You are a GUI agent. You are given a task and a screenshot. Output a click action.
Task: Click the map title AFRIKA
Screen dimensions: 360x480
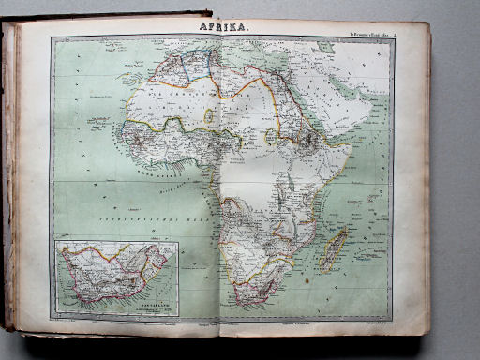pyautogui.click(x=224, y=28)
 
